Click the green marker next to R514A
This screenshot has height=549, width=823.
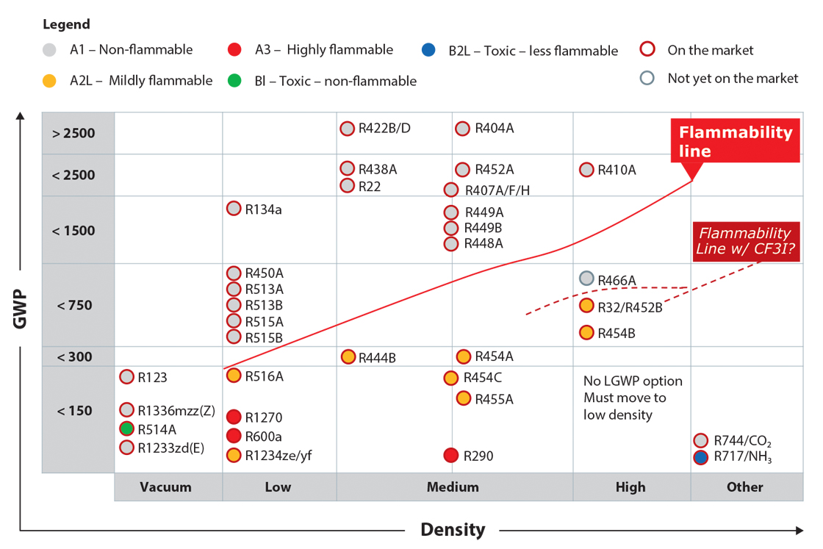tap(126, 428)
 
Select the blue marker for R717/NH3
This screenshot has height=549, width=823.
tap(701, 457)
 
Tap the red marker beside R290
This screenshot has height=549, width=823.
tap(451, 455)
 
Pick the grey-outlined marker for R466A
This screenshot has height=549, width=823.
tap(586, 278)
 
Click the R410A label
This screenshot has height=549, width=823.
tap(617, 170)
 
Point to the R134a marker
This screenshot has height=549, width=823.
tap(234, 209)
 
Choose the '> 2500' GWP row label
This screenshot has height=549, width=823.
tap(73, 133)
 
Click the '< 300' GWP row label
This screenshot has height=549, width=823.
tap(74, 357)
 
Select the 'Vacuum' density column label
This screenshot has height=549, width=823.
tap(165, 487)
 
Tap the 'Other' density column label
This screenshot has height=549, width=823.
tap(745, 487)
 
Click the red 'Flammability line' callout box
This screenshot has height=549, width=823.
tap(736, 140)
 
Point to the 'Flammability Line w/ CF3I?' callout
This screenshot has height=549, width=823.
tap(746, 241)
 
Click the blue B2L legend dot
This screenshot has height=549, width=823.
tap(428, 50)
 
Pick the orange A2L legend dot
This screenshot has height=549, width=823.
tap(49, 80)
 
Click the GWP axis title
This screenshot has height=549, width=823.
tap(20, 309)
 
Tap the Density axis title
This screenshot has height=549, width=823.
tap(453, 530)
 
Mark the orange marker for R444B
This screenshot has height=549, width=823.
tap(348, 357)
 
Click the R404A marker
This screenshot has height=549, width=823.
tap(462, 129)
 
